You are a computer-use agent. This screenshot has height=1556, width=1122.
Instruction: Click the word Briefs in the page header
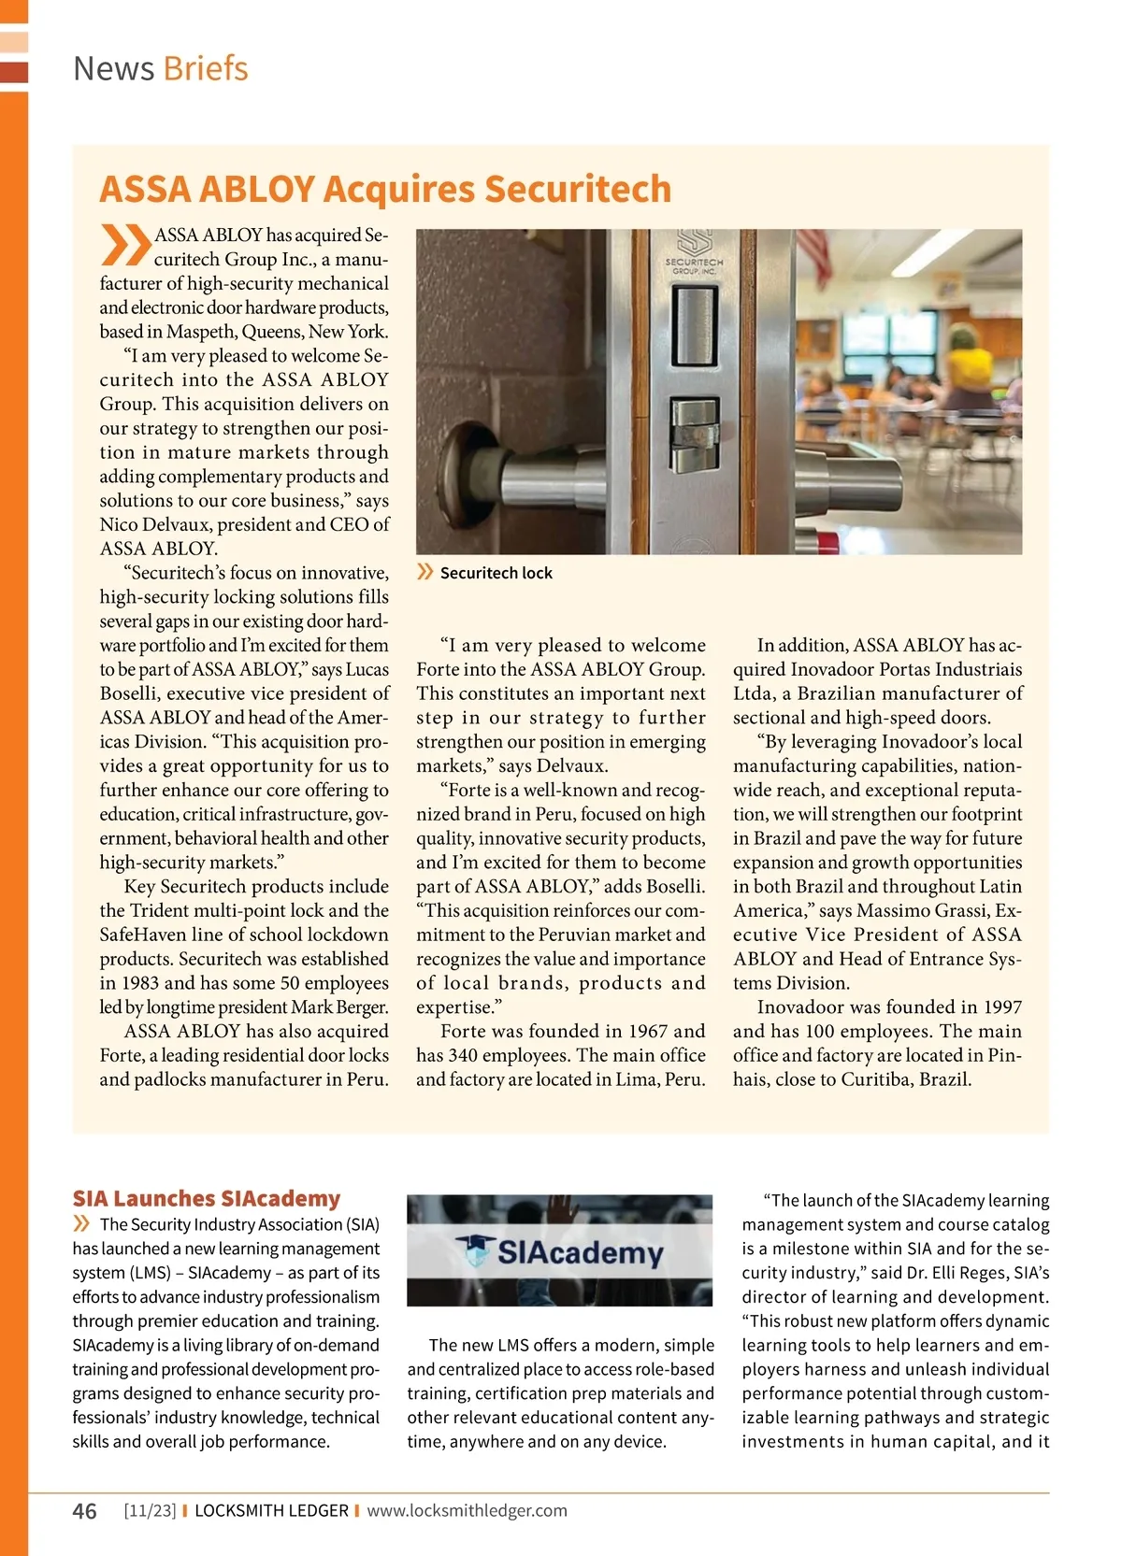[x=206, y=69]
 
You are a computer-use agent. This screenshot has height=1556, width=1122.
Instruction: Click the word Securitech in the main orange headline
[x=578, y=189]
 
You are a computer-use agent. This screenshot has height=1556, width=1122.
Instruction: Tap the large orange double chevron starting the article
[x=125, y=245]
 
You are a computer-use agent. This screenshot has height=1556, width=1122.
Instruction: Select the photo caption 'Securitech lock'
[x=496, y=573]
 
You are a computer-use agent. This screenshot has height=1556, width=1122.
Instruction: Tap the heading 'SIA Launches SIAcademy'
[x=207, y=1198]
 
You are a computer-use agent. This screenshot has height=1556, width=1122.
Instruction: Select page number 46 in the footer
[x=84, y=1511]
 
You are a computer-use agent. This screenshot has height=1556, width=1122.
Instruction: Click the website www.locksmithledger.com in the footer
[x=467, y=1511]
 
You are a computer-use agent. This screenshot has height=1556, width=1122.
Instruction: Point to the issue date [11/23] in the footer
[x=150, y=1511]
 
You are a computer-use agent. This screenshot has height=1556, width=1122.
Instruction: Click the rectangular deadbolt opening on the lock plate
[x=694, y=324]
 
